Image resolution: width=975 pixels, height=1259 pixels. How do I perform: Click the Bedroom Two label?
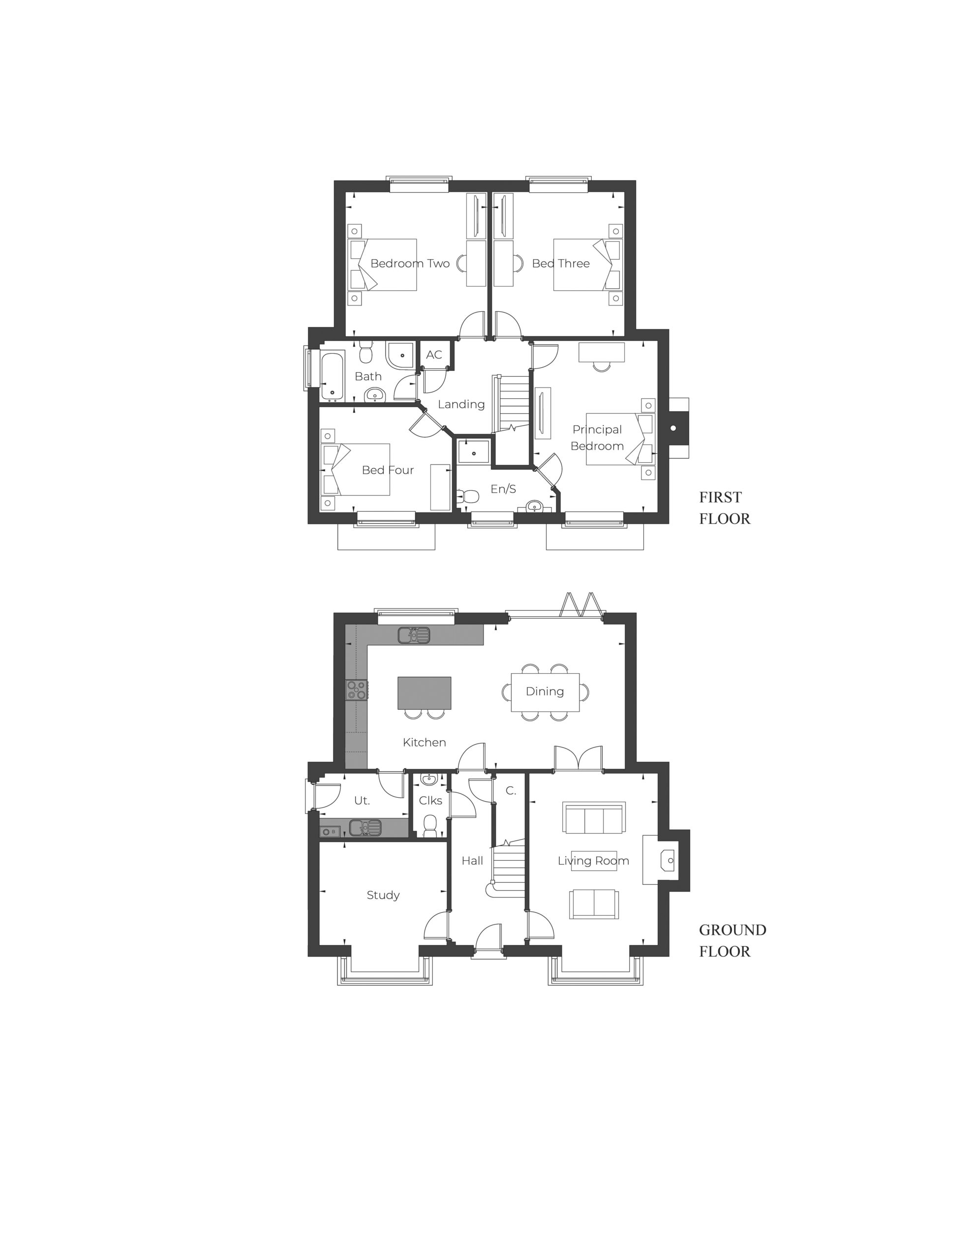coord(409,264)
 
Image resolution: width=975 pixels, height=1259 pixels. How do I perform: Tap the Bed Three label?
coord(560,264)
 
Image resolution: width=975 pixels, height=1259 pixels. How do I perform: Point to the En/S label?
coord(503,489)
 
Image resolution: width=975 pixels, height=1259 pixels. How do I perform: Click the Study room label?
coord(383,895)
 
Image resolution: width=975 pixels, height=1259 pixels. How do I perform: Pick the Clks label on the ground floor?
coord(430,800)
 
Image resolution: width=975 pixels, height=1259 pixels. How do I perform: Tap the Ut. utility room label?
coord(362,800)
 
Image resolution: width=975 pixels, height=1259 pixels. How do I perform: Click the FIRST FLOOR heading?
coord(724,508)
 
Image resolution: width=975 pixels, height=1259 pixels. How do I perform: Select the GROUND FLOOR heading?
coord(732,940)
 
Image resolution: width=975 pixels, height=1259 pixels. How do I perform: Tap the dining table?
coord(545,692)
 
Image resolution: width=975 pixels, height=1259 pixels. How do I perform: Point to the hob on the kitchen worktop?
coord(356,689)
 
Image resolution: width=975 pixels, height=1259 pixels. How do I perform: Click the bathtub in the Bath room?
coord(332,375)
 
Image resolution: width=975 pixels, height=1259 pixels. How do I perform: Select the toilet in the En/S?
coord(468,496)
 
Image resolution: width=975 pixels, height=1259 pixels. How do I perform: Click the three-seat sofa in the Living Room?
coord(594,818)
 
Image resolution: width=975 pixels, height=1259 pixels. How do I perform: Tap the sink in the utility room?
coord(365,827)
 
